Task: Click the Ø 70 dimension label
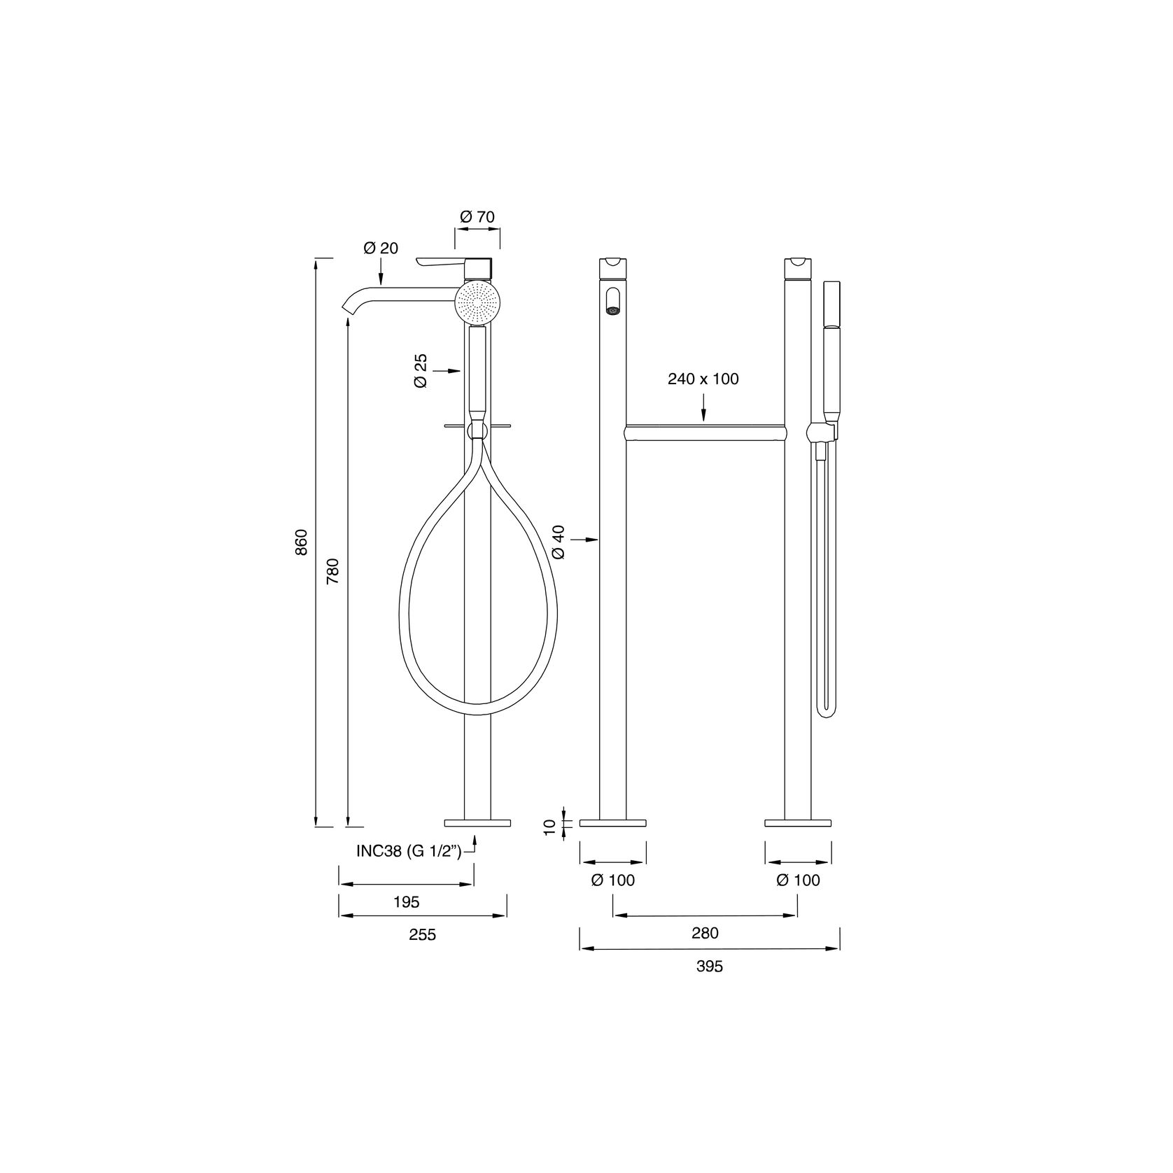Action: pos(477,217)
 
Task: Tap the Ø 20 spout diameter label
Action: pos(381,248)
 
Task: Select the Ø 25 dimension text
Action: pos(420,371)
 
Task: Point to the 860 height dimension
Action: pos(301,542)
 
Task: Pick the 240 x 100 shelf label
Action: pos(703,379)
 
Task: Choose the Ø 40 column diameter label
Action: pos(559,542)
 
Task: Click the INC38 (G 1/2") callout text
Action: pos(409,851)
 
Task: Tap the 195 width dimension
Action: pos(406,902)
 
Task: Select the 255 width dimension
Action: pos(422,935)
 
